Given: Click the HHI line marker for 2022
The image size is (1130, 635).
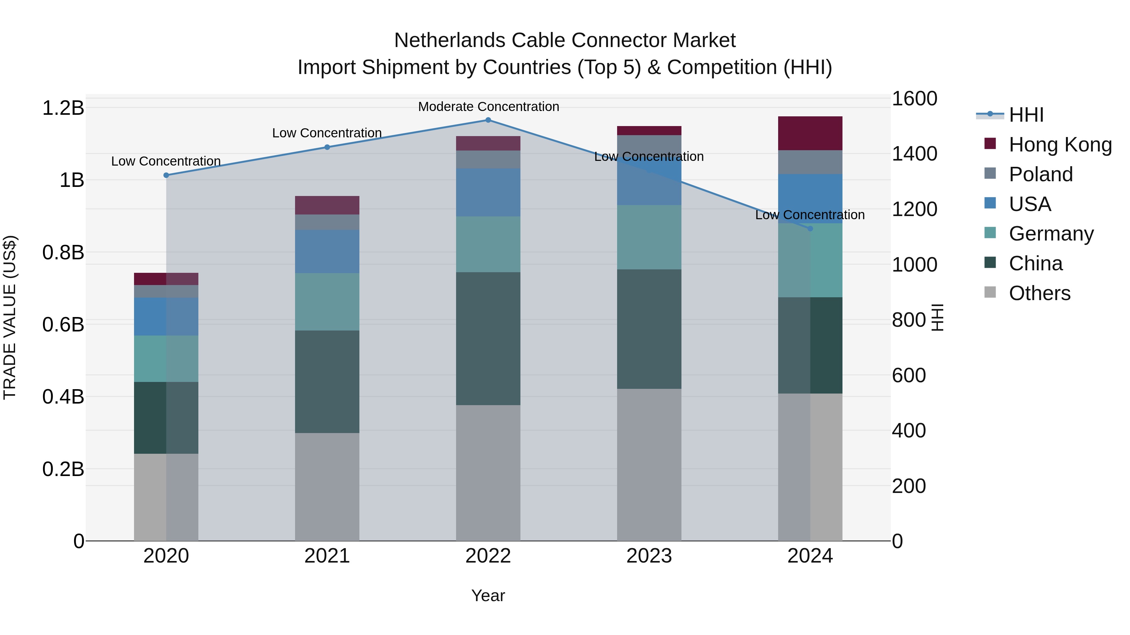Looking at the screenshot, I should point(488,120).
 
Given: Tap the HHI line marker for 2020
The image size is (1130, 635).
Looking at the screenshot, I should point(166,175).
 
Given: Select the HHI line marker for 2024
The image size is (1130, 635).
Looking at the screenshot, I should point(810,228).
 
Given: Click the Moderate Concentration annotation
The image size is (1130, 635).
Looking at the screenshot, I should point(488,107).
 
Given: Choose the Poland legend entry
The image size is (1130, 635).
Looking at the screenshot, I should point(1041,174).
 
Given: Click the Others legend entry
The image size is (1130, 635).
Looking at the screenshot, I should point(1039,293).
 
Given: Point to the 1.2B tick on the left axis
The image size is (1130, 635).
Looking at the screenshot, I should point(63,108).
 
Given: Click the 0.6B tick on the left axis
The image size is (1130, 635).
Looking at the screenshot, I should point(63,325).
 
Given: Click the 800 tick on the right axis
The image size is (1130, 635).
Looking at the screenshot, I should point(909,320).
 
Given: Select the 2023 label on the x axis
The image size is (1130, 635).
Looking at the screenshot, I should point(649,556).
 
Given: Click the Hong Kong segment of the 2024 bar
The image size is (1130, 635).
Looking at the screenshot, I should point(810,133).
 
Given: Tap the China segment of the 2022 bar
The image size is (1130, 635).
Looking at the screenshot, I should point(488,338).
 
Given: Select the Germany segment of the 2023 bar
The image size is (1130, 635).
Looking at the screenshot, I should point(649,237).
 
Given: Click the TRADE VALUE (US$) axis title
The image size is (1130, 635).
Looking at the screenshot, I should point(10,317).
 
